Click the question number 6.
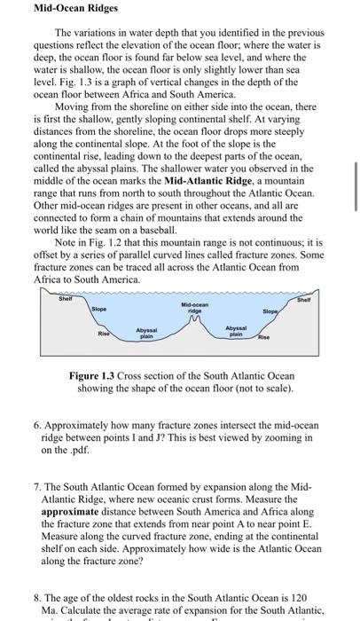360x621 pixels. [38, 425]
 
